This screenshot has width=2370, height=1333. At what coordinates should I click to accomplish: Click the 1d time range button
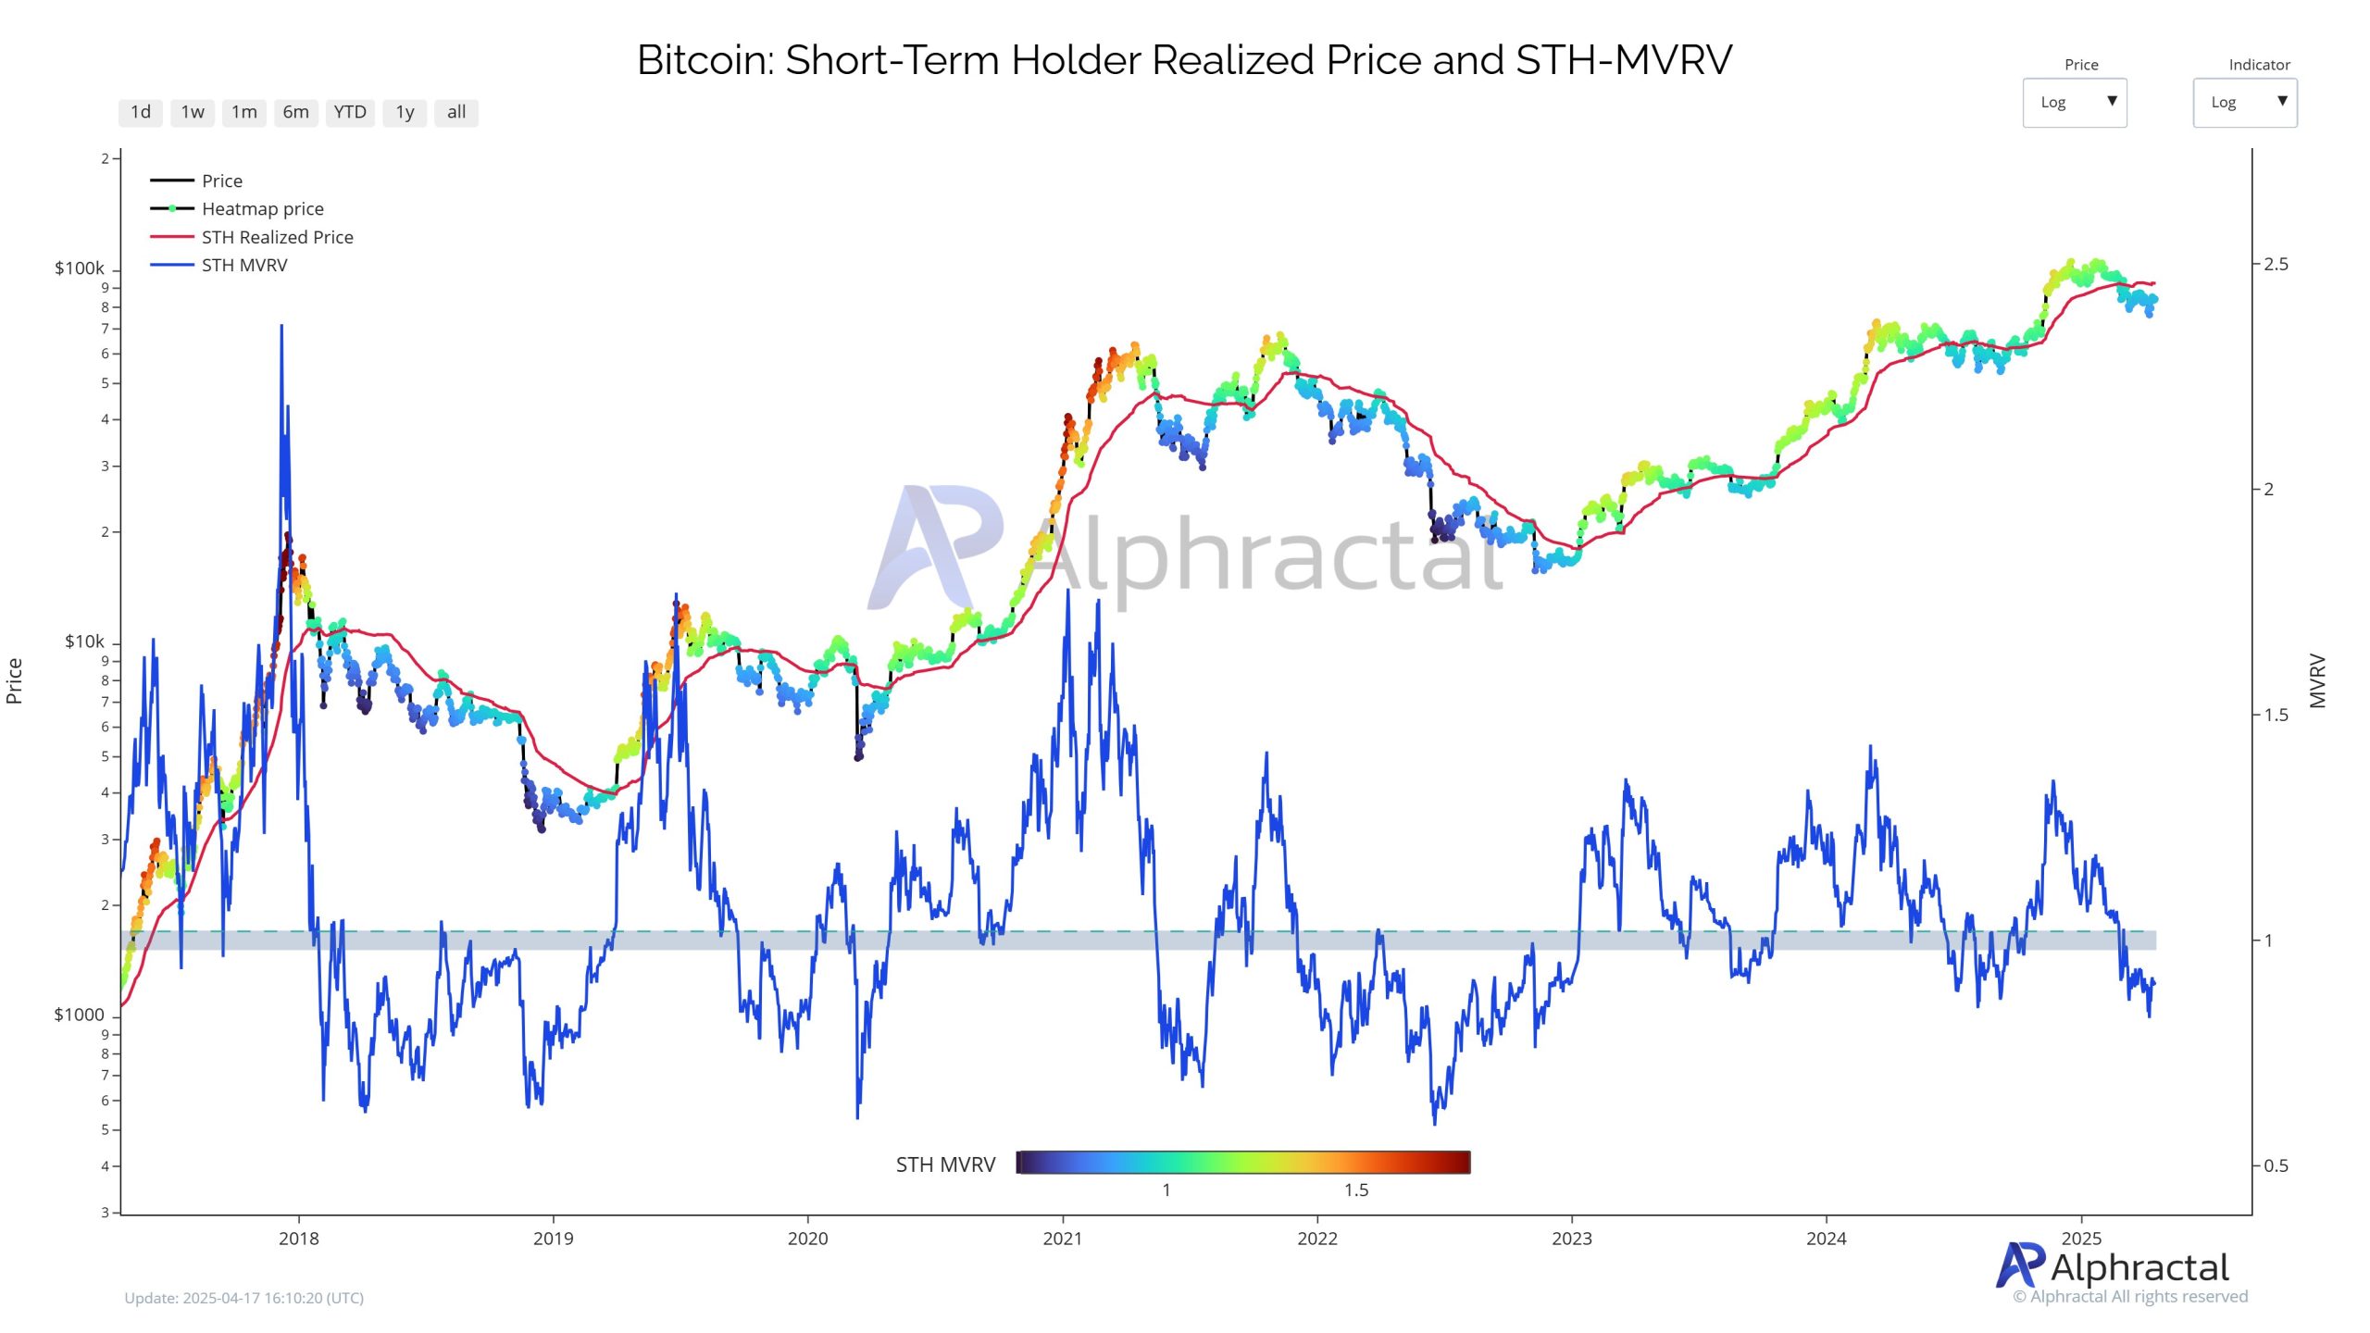tap(141, 112)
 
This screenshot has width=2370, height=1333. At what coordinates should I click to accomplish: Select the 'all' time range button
tap(455, 112)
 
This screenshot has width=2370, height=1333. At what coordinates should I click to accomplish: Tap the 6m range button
tap(295, 112)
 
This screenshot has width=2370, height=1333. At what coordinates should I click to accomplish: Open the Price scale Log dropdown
tap(2074, 103)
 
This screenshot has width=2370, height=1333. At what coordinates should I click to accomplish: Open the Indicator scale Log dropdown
tap(2244, 103)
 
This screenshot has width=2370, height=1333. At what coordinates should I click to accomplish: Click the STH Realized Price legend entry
tap(277, 237)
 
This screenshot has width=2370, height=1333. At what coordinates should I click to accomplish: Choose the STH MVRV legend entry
tap(244, 265)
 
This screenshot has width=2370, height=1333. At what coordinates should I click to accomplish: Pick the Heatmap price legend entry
tap(262, 209)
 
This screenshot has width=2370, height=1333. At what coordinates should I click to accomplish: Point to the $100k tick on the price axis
tap(80, 268)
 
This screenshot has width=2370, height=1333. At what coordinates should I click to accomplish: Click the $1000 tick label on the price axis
tap(80, 1015)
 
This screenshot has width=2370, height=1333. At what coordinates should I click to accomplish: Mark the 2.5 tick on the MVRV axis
tap(2276, 264)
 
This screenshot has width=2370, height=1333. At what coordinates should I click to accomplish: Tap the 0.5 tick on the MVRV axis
tap(2276, 1165)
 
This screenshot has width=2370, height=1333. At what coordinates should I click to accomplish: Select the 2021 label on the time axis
tap(1062, 1239)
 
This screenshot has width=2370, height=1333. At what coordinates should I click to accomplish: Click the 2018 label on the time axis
tap(298, 1239)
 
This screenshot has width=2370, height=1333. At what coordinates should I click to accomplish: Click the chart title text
tap(1184, 60)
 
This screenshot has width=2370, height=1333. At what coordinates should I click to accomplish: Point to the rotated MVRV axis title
tap(2316, 680)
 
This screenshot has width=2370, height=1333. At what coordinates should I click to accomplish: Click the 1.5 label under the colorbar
tap(1355, 1190)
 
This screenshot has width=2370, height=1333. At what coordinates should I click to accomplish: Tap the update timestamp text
tap(244, 1298)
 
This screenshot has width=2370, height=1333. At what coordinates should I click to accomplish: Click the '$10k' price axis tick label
tap(84, 642)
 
